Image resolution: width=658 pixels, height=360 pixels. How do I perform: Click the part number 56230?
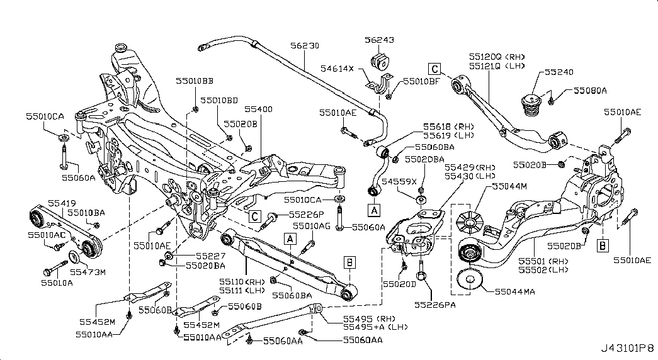[305, 45]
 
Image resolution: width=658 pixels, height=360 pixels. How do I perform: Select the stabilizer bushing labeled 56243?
[380, 61]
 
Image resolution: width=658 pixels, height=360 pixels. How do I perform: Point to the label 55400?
[259, 109]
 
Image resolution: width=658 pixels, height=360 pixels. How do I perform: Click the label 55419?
[62, 203]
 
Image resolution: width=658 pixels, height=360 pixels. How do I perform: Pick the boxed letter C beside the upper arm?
[434, 69]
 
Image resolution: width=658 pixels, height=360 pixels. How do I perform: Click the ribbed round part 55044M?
[470, 221]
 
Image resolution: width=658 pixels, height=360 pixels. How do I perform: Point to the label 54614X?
[338, 69]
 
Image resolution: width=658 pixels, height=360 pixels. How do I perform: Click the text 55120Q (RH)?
[497, 57]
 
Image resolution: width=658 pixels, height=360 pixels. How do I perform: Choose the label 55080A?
[590, 90]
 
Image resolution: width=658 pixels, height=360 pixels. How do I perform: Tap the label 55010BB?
[195, 81]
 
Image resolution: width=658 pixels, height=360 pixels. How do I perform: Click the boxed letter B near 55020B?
[603, 245]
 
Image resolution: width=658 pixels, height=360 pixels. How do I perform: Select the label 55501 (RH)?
[543, 262]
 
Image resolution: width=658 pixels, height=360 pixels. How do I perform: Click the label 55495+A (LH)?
[375, 327]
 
